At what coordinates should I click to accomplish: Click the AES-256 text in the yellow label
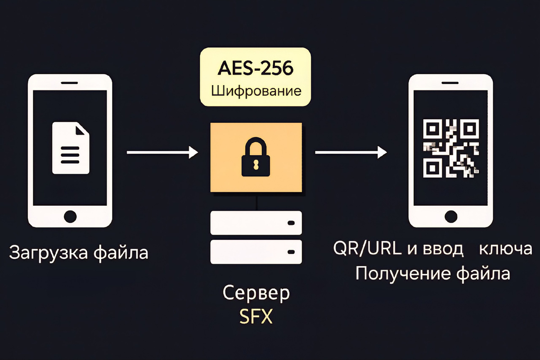tap(255, 69)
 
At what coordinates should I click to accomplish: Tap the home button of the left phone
tap(70, 216)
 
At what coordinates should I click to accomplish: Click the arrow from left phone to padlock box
tap(162, 153)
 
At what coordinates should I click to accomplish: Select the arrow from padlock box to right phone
tap(351, 153)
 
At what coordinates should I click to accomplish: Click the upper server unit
tap(256, 223)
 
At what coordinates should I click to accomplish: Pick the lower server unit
tap(256, 252)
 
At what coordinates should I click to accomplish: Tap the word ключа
tap(506, 249)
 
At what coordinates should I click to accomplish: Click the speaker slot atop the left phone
tap(70, 83)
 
